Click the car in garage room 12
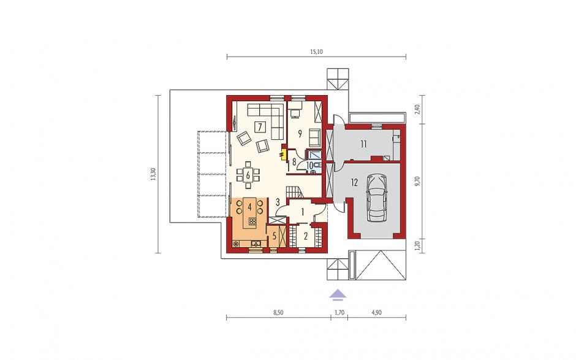[x=377, y=198]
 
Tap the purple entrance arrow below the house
[x=338, y=294]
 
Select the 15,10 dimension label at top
[x=316, y=52]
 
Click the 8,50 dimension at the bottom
[x=278, y=313]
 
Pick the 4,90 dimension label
[x=376, y=313]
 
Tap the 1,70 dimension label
[x=339, y=313]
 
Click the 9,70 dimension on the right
[x=417, y=182]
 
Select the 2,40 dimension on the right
[x=417, y=109]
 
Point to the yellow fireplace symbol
[x=283, y=154]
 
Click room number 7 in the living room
[x=260, y=127]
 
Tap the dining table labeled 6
[x=248, y=175]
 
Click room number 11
[x=363, y=144]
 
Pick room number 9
[x=300, y=134]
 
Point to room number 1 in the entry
[x=303, y=212]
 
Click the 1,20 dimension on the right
[x=417, y=245]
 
